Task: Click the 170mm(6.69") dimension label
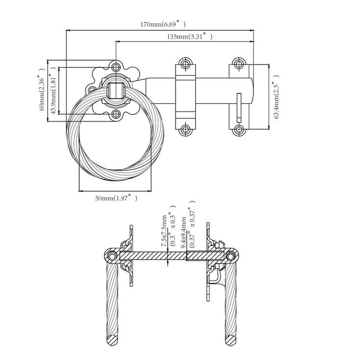(163, 24)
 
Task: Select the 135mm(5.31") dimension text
(189, 36)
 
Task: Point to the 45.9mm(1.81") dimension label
(53, 90)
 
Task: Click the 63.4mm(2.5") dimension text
(276, 97)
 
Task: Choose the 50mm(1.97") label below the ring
(116, 198)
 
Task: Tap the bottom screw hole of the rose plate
(116, 114)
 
